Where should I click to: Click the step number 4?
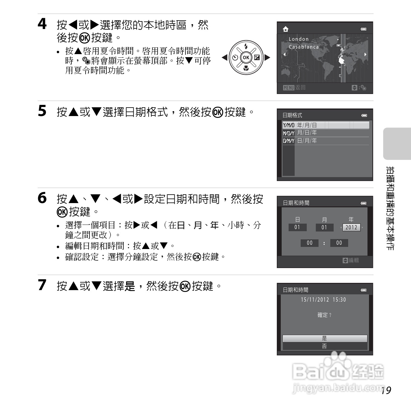tap(42, 24)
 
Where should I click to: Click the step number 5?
tap(42, 111)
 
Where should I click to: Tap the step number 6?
tap(42, 198)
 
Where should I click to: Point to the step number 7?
tap(42, 285)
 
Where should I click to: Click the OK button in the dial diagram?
tap(246, 57)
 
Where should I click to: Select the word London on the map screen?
tap(299, 39)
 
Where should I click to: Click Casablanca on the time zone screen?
tap(303, 47)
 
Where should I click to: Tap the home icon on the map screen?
tap(285, 29)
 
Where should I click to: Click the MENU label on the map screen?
tap(289, 88)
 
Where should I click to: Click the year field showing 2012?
tap(351, 227)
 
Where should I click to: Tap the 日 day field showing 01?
tap(297, 227)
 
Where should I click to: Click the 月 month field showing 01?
tap(324, 227)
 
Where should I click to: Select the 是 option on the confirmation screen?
tap(325, 338)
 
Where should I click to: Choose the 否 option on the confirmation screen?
tap(325, 346)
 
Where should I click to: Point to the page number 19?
tap(386, 390)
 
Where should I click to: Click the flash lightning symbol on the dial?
tap(246, 46)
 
